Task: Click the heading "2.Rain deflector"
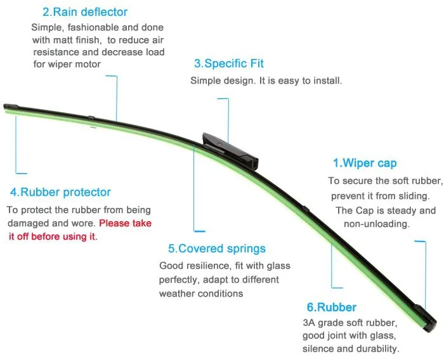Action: pos(84,12)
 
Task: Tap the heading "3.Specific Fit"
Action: pos(228,64)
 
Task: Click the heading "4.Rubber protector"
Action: pos(60,192)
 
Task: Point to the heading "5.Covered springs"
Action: pos(217,248)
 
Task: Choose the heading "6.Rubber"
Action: pos(331,307)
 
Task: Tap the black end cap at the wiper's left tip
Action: pos(11,108)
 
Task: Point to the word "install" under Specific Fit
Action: pos(325,81)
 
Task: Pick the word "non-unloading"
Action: pos(377,224)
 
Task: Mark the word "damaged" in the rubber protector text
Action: pos(27,224)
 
